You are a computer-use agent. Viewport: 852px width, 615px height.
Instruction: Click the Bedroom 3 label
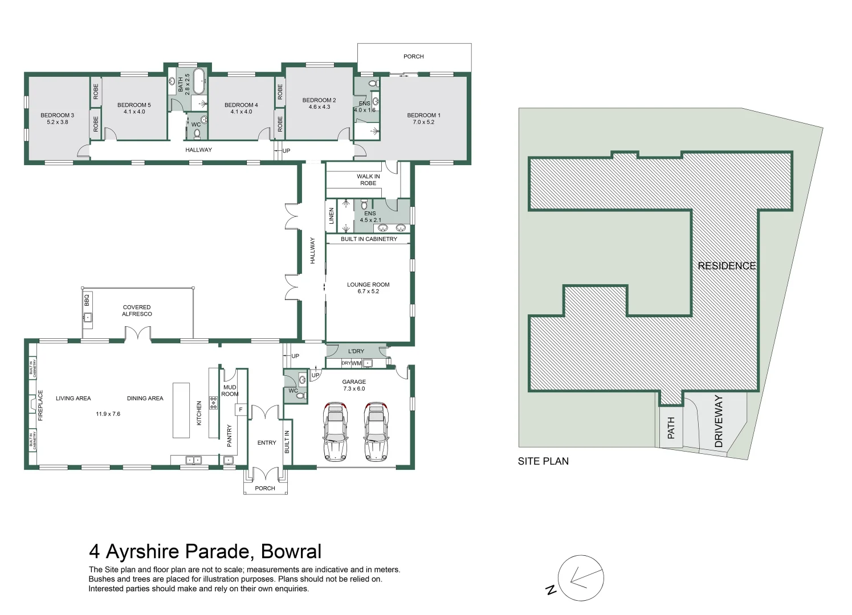[58, 115]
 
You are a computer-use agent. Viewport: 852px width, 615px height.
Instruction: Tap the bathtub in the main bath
[199, 81]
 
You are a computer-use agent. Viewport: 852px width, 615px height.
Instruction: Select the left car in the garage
[335, 432]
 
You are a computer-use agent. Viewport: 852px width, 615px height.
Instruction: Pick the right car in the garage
[376, 432]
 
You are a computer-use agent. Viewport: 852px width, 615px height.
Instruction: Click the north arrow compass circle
[581, 578]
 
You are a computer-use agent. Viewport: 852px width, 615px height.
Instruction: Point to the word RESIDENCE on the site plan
[727, 266]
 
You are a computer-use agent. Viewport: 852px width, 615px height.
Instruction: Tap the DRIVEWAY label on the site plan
[719, 421]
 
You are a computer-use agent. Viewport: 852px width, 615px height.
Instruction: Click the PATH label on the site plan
[671, 428]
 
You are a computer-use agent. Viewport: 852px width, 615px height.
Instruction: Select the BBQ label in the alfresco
[87, 300]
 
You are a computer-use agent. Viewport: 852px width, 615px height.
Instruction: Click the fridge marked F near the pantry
[240, 410]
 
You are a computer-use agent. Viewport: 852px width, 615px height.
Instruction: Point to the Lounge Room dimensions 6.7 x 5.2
[368, 292]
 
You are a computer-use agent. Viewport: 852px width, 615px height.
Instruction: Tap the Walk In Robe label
[368, 180]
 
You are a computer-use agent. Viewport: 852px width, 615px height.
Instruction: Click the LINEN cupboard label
[331, 215]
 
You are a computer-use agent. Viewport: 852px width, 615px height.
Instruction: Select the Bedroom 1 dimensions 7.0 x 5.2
[423, 122]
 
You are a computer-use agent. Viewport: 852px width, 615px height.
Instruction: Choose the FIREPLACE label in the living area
[40, 405]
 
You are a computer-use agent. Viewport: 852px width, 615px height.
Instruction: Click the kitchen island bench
[181, 410]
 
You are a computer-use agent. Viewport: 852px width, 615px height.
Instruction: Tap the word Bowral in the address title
[291, 552]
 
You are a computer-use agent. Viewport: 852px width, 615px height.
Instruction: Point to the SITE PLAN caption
[543, 461]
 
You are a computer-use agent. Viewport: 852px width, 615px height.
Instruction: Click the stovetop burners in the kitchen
[213, 403]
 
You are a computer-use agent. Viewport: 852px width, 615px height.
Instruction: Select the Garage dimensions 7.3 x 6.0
[354, 388]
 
